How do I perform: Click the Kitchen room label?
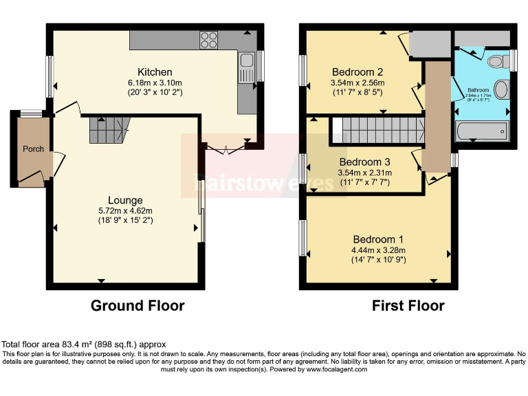155,72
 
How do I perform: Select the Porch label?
33,149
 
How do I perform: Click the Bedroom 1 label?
378,239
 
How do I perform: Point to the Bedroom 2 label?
357,71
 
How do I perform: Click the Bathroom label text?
478,90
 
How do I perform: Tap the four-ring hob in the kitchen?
209,41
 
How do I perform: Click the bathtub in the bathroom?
482,130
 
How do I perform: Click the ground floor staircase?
109,129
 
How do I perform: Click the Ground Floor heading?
137,305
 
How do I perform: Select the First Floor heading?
408,305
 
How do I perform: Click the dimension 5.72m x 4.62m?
124,210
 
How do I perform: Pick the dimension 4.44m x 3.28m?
378,250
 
